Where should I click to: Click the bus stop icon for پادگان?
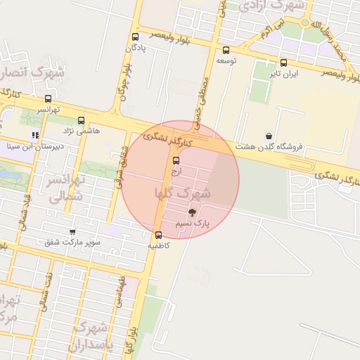pyautogui.click(x=135, y=37)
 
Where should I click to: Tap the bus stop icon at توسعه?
pyautogui.click(x=226, y=50)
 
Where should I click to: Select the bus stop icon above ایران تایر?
pyautogui.click(x=283, y=63)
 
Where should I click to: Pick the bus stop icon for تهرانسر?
pyautogui.click(x=48, y=98)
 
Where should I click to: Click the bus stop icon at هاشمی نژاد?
pyautogui.click(x=81, y=120)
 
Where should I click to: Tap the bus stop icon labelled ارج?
pyautogui.click(x=176, y=160)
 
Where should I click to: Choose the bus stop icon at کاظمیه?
pyautogui.click(x=157, y=236)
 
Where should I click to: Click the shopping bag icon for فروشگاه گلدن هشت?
pyautogui.click(x=269, y=136)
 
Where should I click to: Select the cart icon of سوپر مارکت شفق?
pyautogui.click(x=72, y=231)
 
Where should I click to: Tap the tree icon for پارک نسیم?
pyautogui.click(x=192, y=212)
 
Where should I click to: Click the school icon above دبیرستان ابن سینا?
pyautogui.click(x=35, y=135)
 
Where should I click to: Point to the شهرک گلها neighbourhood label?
pyautogui.click(x=181, y=191)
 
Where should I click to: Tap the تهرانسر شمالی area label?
pyautogui.click(x=65, y=188)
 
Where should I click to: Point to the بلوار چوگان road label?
pyautogui.click(x=124, y=82)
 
